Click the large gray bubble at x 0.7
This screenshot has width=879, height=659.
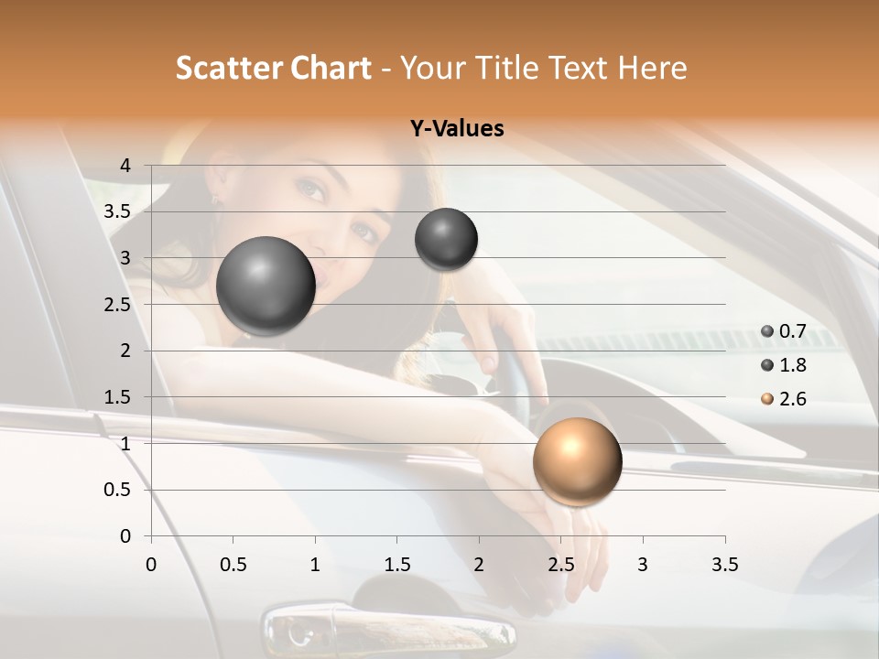[x=266, y=286]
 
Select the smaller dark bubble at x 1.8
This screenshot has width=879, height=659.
[x=446, y=239]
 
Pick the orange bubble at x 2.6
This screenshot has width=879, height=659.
[x=577, y=461]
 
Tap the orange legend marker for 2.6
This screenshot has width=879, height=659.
[x=767, y=399]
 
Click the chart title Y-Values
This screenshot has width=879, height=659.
[x=456, y=129]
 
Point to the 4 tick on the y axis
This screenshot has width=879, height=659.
[x=126, y=166]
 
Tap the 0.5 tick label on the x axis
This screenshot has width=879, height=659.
[x=233, y=565]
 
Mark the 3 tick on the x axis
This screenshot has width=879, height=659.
[x=642, y=565]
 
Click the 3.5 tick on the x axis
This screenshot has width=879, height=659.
[x=724, y=565]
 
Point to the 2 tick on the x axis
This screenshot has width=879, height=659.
[x=478, y=565]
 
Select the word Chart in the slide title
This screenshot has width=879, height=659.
[x=331, y=68]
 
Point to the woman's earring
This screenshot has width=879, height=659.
[x=216, y=197]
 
